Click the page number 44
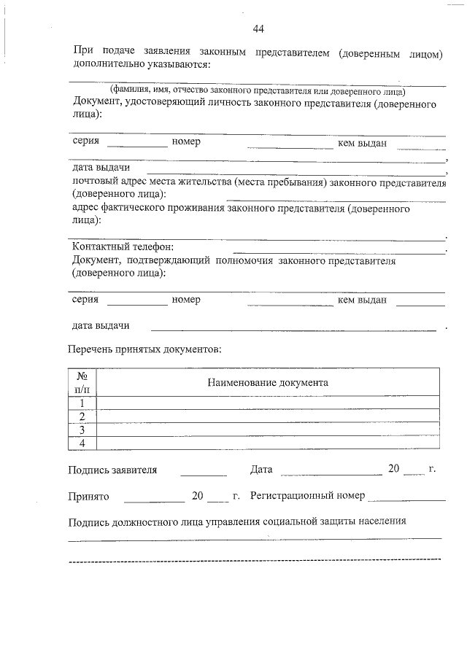[x=258, y=29]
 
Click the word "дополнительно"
[x=107, y=63]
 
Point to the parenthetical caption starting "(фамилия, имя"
[x=258, y=91]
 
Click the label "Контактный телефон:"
[x=123, y=246]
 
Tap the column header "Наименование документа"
[x=267, y=382]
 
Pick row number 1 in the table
[x=82, y=403]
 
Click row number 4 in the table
[x=82, y=443]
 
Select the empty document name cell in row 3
[x=267, y=430]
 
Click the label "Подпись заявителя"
[x=112, y=470]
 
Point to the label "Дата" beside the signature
[x=260, y=469]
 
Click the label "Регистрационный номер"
[x=307, y=496]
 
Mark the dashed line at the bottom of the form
[x=254, y=560]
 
